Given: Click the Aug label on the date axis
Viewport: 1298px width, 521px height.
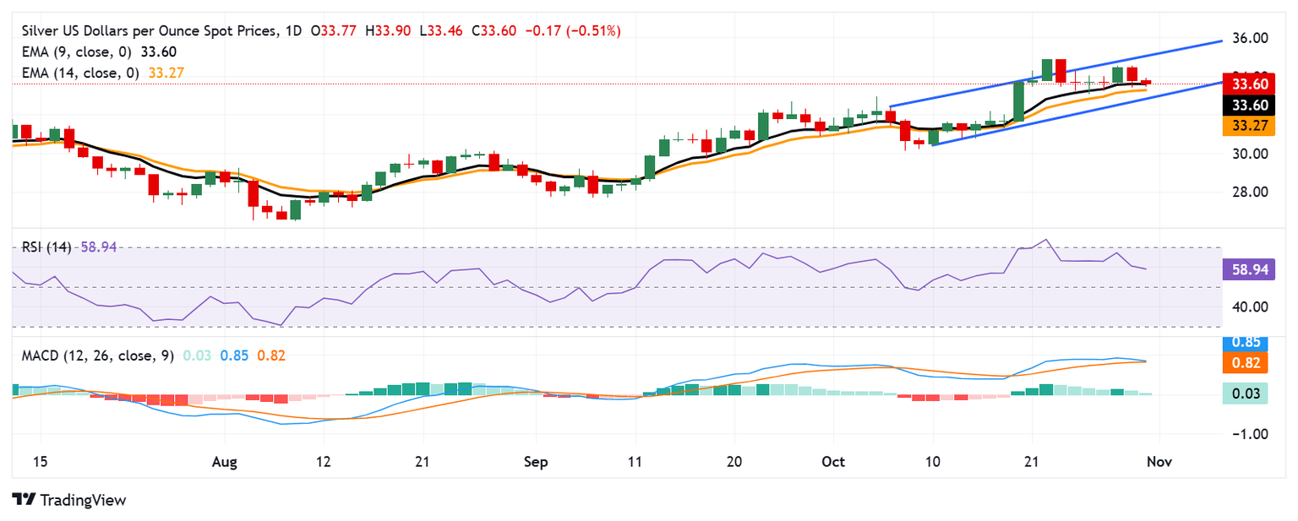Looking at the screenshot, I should (225, 462).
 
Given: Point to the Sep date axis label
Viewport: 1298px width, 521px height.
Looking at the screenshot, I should (536, 462).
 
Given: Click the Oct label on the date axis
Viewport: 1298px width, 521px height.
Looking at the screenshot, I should (833, 462).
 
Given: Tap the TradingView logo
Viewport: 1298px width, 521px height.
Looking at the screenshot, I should (70, 500).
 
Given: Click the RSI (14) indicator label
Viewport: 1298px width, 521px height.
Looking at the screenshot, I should (47, 247).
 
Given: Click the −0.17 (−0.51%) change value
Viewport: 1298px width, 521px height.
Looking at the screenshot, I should (573, 31).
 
